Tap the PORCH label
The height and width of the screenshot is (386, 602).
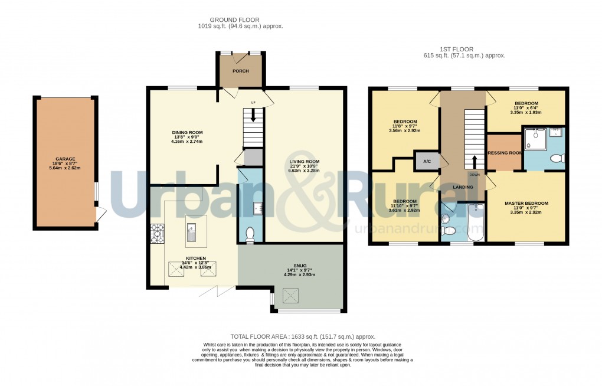click(x=240, y=71)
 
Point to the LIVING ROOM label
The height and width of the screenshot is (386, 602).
click(x=304, y=162)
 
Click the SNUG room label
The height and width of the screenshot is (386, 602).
click(x=292, y=266)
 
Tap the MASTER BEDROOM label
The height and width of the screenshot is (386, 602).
click(x=526, y=204)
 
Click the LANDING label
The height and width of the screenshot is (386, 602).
click(x=463, y=187)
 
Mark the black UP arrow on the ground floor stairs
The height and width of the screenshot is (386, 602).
click(x=253, y=116)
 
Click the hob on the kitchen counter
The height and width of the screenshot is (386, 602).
click(x=158, y=234)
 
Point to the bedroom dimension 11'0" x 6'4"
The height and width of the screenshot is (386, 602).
click(x=526, y=108)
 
